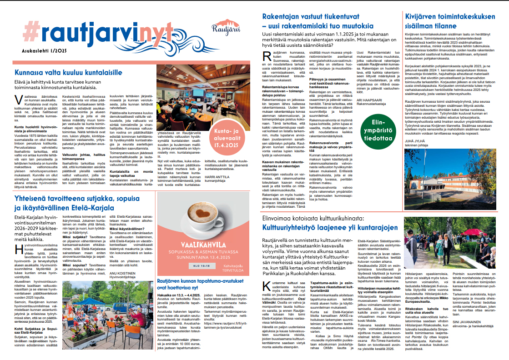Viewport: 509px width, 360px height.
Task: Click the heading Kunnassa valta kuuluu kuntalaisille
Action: click(68, 73)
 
